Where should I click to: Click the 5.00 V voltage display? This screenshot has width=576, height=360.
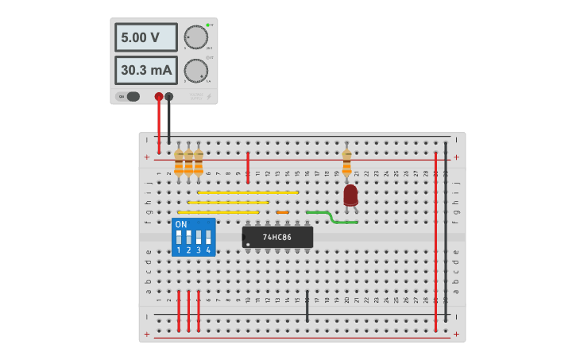coord(145,37)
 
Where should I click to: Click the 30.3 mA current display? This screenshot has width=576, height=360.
coord(145,70)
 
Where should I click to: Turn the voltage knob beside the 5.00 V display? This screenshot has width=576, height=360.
coord(195,37)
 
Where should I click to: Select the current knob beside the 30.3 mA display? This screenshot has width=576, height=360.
coord(195,70)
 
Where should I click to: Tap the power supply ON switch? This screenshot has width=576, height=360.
coord(130,96)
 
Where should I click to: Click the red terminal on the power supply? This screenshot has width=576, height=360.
coord(159,96)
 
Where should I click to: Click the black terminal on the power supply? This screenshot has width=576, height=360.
coord(168,96)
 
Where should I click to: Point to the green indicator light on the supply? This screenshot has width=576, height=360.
coord(207,25)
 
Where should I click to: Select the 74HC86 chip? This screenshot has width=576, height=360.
coord(277,237)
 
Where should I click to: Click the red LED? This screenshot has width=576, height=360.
coord(350,195)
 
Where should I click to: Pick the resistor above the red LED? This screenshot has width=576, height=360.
coord(346,162)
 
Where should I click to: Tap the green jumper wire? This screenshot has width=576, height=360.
coord(332,217)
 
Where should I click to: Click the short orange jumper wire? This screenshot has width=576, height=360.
coord(282,212)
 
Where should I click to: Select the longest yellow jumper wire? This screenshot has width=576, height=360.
coord(247,192)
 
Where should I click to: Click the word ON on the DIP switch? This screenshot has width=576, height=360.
coord(181,225)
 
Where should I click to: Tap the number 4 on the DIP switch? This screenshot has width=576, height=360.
coord(208,250)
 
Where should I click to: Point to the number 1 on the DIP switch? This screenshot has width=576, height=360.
coord(179,250)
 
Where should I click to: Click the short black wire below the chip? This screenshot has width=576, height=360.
coord(307,306)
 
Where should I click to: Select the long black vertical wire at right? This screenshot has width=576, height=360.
coord(446,230)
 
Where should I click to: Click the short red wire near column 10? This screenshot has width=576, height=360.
coord(248,167)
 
